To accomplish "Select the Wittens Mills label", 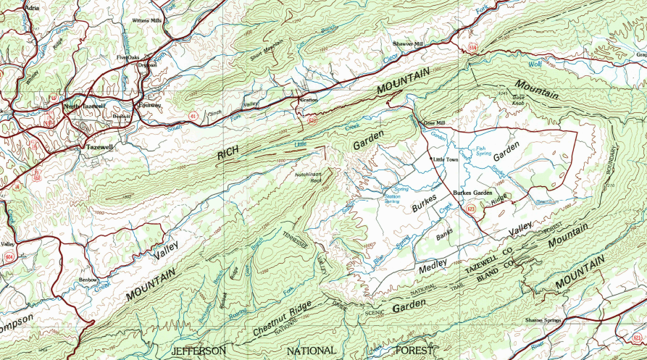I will click(x=146, y=21).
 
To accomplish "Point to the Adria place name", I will click(x=11, y=6).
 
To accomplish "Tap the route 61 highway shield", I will click(x=193, y=114).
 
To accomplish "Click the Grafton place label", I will click(x=309, y=100).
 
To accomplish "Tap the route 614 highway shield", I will click(x=472, y=47).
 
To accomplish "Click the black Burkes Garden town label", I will click(x=472, y=193).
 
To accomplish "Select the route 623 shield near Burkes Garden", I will click(x=471, y=209).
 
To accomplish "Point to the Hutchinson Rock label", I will click(x=309, y=177).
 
